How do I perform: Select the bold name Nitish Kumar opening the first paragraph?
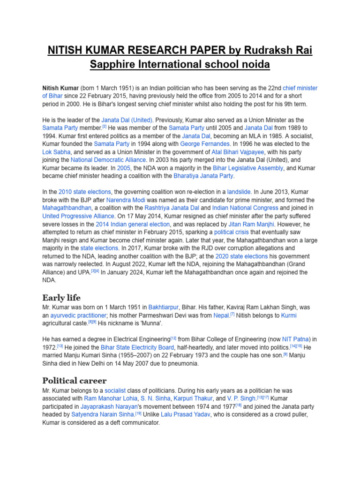click(x=60, y=88)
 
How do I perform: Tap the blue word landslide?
click(x=239, y=192)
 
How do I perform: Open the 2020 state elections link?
click(x=241, y=256)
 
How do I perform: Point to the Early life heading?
click(x=61, y=298)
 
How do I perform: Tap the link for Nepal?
click(x=221, y=315)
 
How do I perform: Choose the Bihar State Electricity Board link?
click(x=127, y=347)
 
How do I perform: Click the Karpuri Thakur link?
click(x=207, y=398)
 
